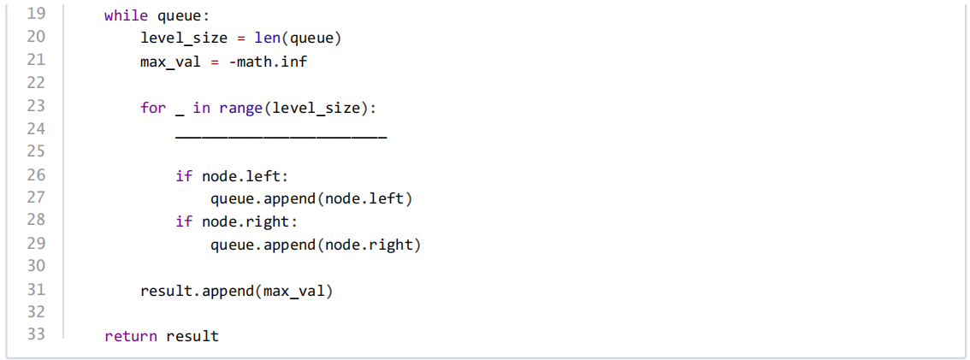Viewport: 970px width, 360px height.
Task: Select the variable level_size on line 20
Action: pos(185,38)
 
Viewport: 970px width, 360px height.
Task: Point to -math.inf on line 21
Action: pos(268,62)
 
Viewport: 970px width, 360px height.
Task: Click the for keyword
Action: pos(153,108)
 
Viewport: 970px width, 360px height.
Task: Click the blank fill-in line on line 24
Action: pos(281,137)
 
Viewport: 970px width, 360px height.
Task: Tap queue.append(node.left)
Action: pos(311,199)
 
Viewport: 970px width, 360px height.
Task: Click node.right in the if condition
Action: pos(245,222)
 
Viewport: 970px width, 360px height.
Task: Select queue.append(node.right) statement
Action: pos(316,245)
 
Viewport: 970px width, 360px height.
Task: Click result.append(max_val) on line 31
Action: pos(237,291)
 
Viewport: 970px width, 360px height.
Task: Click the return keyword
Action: pos(131,337)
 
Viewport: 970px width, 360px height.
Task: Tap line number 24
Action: pos(37,130)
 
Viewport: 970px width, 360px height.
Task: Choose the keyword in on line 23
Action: pos(202,108)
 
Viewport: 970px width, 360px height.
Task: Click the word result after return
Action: pos(193,337)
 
